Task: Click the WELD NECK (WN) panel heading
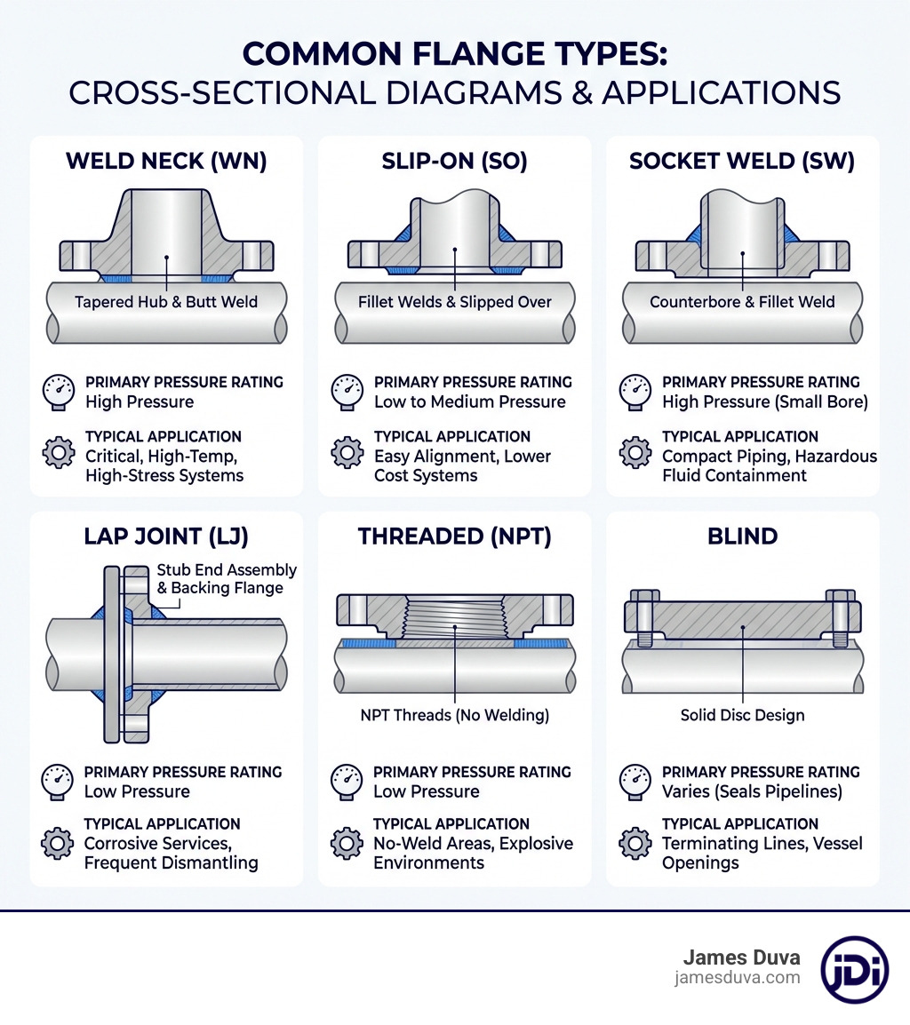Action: (x=166, y=161)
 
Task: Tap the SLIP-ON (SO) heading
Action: (x=454, y=161)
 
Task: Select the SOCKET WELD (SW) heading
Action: (x=742, y=161)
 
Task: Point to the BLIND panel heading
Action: (x=742, y=536)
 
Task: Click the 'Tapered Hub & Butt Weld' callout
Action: (x=166, y=302)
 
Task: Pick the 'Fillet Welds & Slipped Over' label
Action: (x=454, y=302)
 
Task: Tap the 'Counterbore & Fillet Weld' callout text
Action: (x=742, y=302)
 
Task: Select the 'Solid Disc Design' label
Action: (x=742, y=715)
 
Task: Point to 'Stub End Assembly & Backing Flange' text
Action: (x=227, y=579)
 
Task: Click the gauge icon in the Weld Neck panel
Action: (x=59, y=391)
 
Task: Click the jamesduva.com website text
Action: (x=738, y=978)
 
